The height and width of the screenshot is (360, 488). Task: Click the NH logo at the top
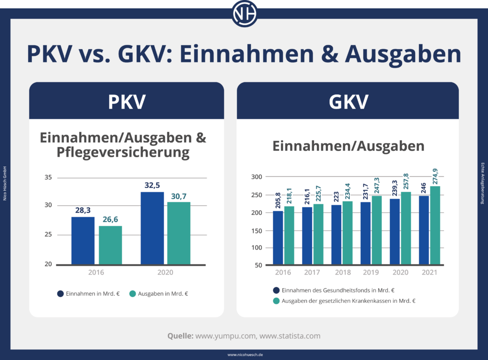click(244, 14)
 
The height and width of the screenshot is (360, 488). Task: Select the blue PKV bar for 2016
click(83, 240)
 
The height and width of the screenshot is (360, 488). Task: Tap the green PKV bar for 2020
click(179, 233)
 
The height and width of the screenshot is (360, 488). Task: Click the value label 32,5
click(152, 184)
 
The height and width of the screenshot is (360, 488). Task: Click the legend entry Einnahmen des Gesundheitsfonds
click(334, 290)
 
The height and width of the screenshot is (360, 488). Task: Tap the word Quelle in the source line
click(180, 336)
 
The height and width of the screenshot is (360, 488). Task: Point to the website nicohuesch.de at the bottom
click(244, 355)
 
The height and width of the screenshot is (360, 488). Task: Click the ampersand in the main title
click(325, 54)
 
